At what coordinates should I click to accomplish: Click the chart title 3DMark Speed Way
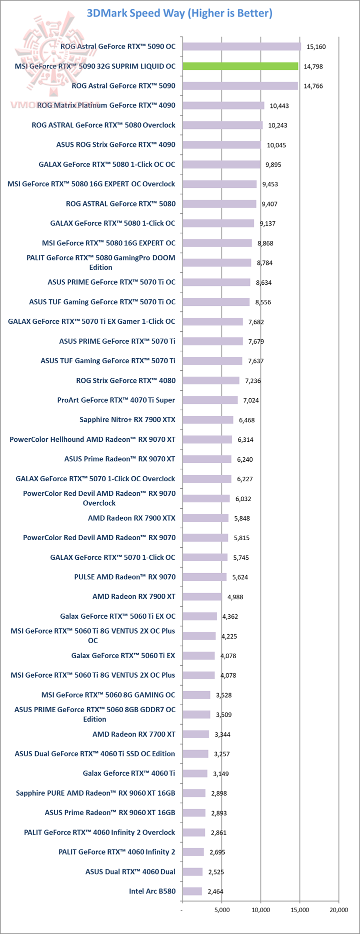[x=179, y=13]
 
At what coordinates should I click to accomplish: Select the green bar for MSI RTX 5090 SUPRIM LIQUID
[x=240, y=66]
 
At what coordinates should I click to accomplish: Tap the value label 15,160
[x=316, y=46]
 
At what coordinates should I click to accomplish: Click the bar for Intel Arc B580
[x=192, y=891]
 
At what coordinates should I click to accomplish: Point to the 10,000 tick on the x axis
[x=261, y=910]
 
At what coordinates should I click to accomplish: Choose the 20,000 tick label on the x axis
[x=338, y=910]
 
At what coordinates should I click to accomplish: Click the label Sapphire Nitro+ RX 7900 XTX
[x=127, y=420]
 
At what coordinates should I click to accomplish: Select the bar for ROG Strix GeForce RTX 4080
[x=210, y=380]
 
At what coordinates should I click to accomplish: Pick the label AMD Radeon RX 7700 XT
[x=134, y=734]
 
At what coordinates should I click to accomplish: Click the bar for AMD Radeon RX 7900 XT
[x=202, y=596]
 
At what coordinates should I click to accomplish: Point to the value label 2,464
[x=215, y=892]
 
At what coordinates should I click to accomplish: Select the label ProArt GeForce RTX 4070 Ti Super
[x=116, y=400]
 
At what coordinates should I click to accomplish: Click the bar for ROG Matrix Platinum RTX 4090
[x=223, y=105]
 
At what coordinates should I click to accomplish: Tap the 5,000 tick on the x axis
[x=222, y=910]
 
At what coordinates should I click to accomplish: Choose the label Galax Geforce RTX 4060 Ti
[x=129, y=773]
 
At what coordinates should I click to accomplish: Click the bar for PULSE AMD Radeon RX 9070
[x=204, y=577]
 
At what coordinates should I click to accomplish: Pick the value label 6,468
[x=247, y=420]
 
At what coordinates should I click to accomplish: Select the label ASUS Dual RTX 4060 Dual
[x=130, y=872]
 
